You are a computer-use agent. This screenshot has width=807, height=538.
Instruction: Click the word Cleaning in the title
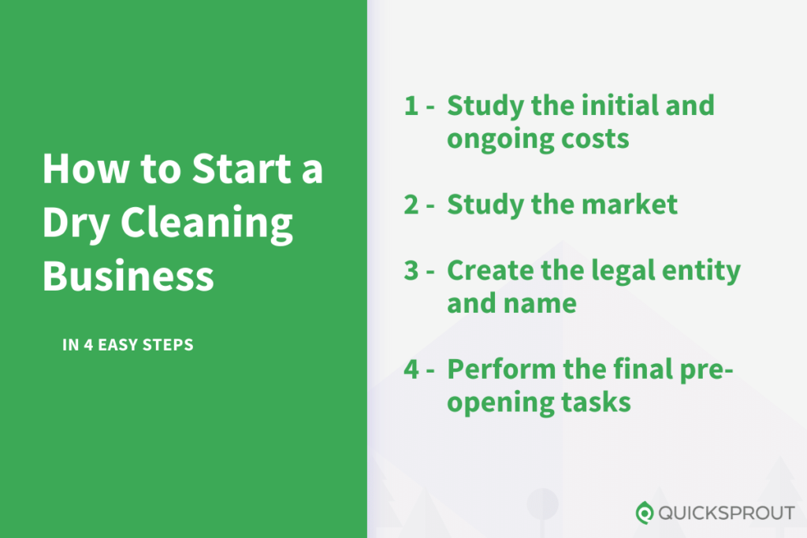[206, 224]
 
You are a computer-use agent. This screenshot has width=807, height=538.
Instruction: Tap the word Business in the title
[128, 276]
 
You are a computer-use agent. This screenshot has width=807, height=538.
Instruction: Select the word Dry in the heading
[76, 224]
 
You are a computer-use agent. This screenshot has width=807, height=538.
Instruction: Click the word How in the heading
[86, 169]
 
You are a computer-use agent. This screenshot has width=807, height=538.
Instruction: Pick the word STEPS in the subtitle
[168, 344]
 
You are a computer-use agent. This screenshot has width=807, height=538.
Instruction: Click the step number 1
[411, 106]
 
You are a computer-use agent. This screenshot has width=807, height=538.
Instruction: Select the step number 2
[411, 204]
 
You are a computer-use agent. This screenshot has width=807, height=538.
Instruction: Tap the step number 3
[411, 270]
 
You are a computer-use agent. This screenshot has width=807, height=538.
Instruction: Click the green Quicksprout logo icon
[645, 512]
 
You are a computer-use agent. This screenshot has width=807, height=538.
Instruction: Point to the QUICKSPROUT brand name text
[727, 513]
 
